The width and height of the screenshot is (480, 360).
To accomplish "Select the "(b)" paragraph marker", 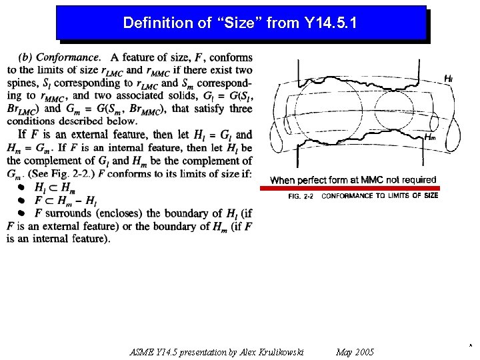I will pyautogui.click(x=27, y=57).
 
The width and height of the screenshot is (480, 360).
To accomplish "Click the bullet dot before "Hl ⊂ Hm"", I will pyautogui.click(x=21, y=187).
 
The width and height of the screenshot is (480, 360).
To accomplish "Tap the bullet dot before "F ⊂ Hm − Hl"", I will pyautogui.click(x=21, y=200).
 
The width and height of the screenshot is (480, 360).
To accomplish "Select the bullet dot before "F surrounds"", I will pyautogui.click(x=21, y=213).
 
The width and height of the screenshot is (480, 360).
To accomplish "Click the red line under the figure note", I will pyautogui.click(x=349, y=189).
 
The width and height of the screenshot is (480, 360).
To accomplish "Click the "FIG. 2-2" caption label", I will pyautogui.click(x=301, y=196).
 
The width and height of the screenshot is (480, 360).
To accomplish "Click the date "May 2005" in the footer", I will pyautogui.click(x=355, y=352).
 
